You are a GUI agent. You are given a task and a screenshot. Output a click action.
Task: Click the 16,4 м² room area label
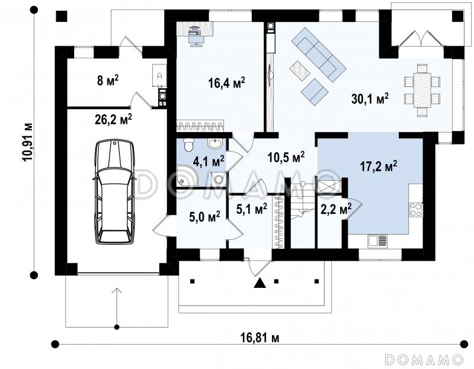click(x=226, y=82)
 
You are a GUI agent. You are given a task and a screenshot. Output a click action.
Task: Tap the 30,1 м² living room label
click(x=370, y=98)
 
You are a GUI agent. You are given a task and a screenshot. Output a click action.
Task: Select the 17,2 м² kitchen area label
click(x=379, y=166)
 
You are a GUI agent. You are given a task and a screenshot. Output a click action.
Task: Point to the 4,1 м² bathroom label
click(x=209, y=161)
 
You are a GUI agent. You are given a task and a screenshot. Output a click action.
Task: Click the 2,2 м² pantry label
click(x=335, y=208)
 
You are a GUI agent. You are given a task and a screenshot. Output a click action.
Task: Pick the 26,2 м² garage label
click(x=113, y=119)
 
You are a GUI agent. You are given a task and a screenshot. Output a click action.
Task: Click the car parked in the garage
click(x=114, y=191)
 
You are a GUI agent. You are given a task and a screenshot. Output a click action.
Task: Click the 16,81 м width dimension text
click(x=260, y=337)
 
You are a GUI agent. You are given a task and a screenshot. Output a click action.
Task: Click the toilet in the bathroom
click(x=189, y=145)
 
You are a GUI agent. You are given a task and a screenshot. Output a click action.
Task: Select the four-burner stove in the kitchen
click(x=416, y=210)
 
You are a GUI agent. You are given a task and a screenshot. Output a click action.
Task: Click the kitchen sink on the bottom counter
click(x=377, y=240)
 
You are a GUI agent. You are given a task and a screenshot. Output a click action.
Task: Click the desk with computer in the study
click(x=195, y=33)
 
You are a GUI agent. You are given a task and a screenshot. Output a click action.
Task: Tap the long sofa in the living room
click(x=319, y=54)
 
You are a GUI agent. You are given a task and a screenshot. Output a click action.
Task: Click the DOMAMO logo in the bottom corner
click(x=424, y=360)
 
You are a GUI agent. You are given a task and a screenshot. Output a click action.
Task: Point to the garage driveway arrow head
click(x=117, y=290)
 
